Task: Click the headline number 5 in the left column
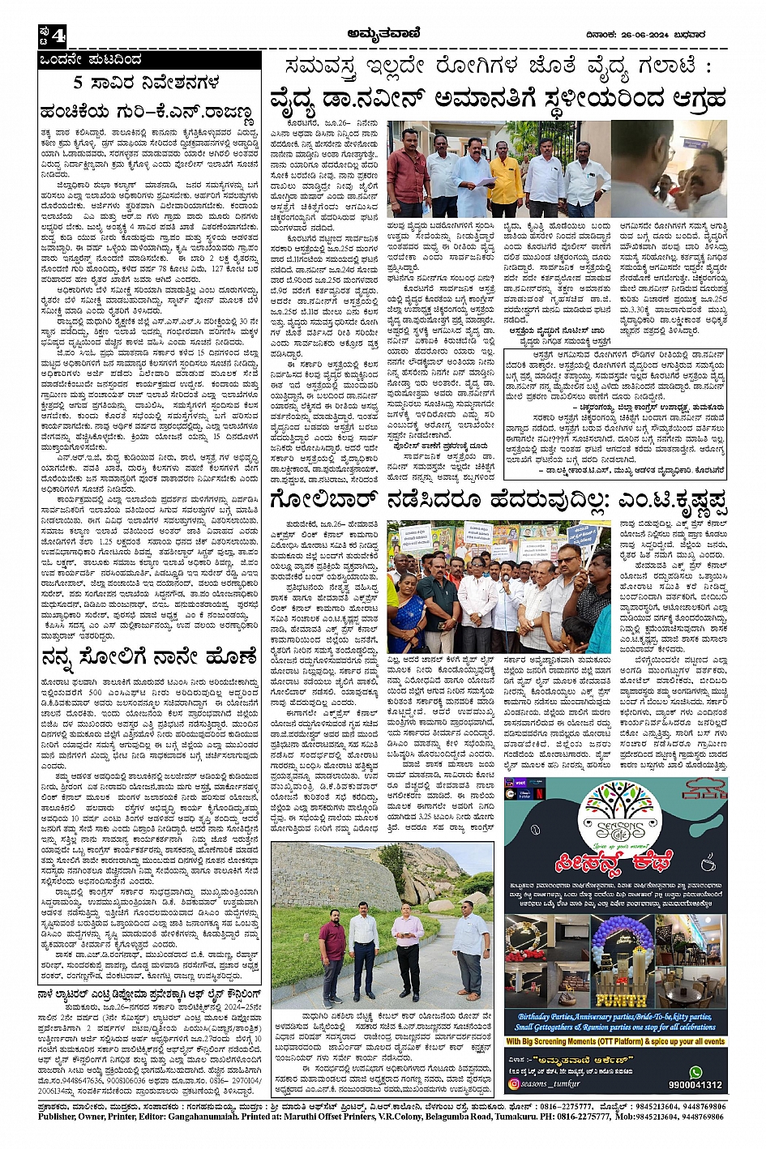pos(79,82)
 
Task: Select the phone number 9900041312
pos(695,1085)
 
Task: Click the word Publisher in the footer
pos(61,1116)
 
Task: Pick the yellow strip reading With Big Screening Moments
pos(615,1041)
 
